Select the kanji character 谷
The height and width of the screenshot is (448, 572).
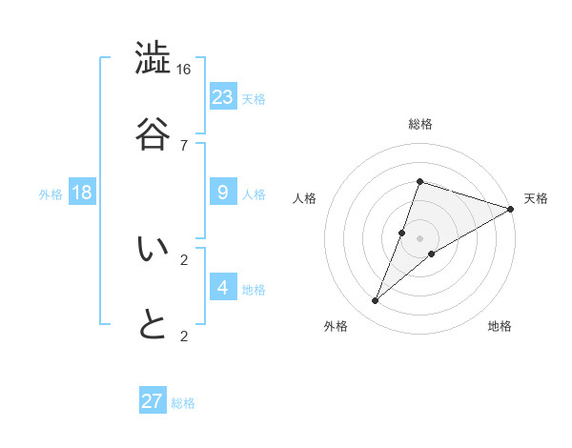tap(153, 132)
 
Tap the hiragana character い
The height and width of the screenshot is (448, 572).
tap(153, 249)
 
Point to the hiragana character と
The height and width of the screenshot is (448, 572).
tap(153, 324)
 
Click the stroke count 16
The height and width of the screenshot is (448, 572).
tap(184, 70)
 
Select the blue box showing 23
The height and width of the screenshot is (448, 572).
tap(223, 96)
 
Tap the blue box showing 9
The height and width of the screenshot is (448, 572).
tap(223, 193)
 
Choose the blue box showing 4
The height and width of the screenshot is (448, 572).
tap(223, 287)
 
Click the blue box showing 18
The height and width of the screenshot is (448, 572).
tap(82, 193)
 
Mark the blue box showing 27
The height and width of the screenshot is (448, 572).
tap(153, 401)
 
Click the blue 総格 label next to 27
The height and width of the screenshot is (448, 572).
tap(183, 403)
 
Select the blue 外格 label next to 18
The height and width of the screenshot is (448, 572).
tap(51, 194)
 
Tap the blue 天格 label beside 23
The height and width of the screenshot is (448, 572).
tap(254, 98)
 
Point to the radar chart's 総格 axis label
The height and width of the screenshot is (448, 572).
tap(419, 125)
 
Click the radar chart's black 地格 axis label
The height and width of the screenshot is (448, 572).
tap(500, 327)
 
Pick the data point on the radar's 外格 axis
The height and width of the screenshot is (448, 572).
tap(376, 301)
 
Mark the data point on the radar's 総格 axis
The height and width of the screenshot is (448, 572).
tap(419, 181)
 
